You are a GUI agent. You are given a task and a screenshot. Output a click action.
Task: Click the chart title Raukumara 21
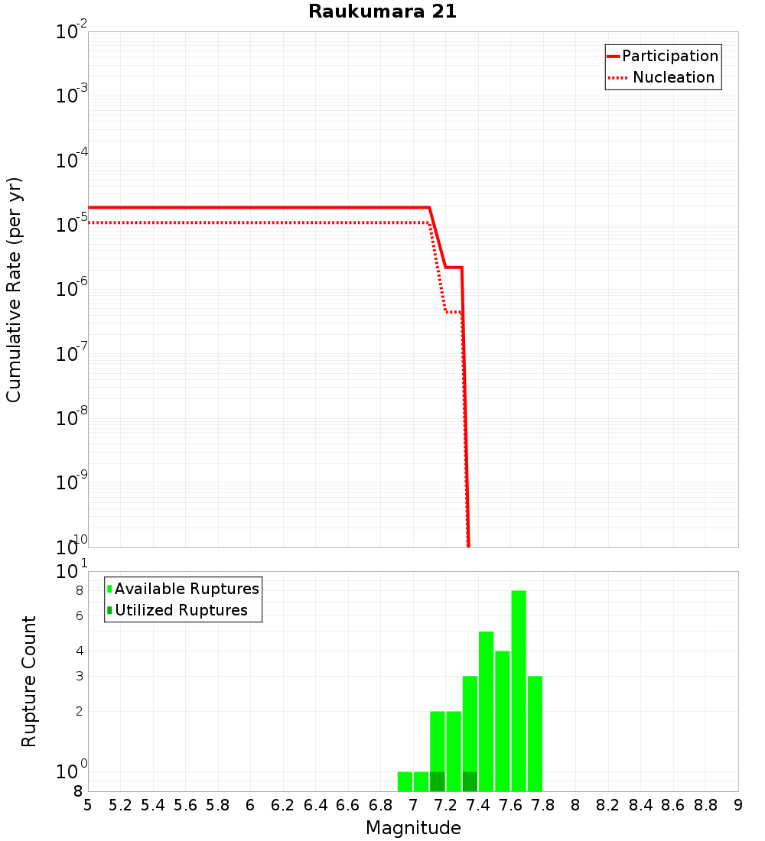pos(382,11)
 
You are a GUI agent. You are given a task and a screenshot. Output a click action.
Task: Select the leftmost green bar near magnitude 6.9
pos(405,781)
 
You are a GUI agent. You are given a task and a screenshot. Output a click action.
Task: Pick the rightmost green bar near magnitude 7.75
pos(535,734)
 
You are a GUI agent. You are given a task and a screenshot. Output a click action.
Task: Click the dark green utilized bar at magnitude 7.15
pos(438,781)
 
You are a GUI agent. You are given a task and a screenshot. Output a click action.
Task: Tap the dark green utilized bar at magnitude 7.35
pos(470,781)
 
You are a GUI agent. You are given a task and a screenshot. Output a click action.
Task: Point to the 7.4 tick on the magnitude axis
pos(478,805)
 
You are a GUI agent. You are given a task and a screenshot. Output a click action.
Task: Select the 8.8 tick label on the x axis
pos(705,805)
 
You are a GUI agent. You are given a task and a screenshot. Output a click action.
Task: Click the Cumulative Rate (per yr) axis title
pos(14,289)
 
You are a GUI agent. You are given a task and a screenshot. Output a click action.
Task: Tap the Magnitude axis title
pos(413,828)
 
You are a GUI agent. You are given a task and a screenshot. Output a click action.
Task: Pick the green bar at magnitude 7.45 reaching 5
pos(486,711)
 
